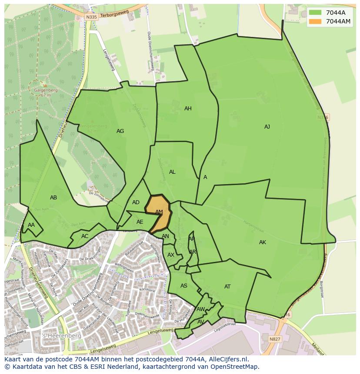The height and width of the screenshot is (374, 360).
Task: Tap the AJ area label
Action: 267,127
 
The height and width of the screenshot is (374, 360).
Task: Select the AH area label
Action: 188,109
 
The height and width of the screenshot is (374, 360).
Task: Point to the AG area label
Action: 120,131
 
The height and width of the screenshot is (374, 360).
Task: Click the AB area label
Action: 53,198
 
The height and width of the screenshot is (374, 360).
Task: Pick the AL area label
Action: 172,172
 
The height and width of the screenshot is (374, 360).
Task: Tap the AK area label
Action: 263,242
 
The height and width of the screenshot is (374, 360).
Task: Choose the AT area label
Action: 227,287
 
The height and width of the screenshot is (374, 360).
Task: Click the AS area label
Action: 184,286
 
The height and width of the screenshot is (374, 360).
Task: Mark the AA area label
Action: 31,225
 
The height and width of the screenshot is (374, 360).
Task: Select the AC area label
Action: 85,236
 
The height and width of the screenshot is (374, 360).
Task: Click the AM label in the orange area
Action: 159,212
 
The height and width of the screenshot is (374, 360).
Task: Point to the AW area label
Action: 200,309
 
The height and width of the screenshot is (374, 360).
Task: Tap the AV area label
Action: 200,322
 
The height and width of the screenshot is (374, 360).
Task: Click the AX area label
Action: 171,255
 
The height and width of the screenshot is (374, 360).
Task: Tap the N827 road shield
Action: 275,339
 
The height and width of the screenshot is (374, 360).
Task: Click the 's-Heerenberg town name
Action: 55,336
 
